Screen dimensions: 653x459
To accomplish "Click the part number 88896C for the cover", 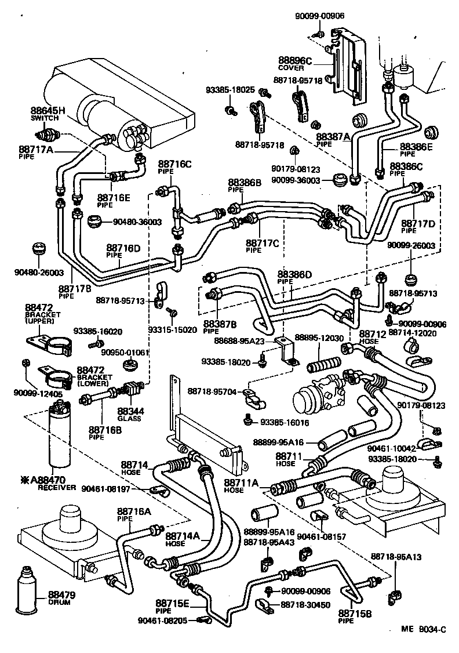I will coord(295,60).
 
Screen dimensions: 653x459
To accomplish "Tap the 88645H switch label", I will coord(48,110).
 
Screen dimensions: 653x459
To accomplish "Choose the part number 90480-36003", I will coord(137,222).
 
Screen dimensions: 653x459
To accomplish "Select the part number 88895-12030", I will coord(319,338).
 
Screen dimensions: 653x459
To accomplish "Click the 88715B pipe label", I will coord(355,614).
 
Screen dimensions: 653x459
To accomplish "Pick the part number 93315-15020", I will coord(172,330).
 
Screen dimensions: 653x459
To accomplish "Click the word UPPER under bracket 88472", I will coord(39,320).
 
